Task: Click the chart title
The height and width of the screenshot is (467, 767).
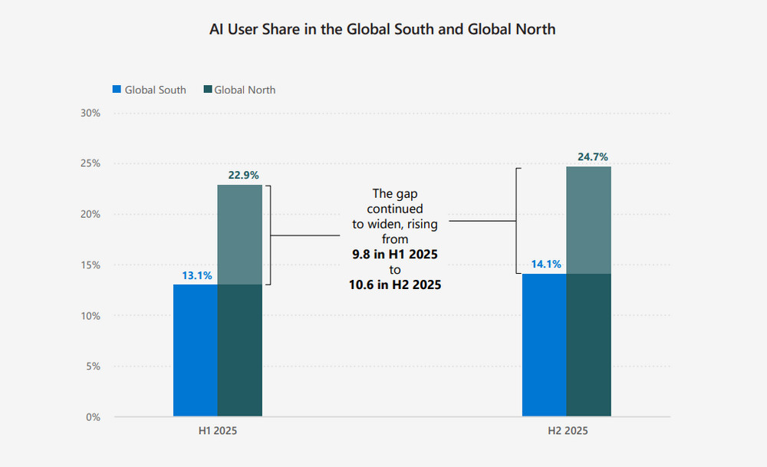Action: click(383, 30)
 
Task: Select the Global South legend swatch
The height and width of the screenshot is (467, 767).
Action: click(117, 90)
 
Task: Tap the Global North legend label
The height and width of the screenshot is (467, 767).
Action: click(245, 90)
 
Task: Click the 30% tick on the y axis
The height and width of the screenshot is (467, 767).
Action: click(91, 113)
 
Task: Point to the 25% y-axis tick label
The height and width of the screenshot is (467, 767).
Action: click(91, 163)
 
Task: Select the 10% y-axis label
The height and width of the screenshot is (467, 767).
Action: click(91, 315)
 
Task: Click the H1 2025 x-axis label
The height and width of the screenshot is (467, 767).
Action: click(218, 432)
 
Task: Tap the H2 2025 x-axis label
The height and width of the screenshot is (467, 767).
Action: click(567, 432)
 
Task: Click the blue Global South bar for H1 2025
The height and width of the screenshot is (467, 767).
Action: click(196, 350)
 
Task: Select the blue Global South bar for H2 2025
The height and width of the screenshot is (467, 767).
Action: click(545, 345)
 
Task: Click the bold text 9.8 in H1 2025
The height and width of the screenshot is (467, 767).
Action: click(394, 254)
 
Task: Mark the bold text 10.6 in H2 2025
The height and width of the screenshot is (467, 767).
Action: click(394, 285)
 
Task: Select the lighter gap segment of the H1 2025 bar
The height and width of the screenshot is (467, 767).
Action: click(240, 235)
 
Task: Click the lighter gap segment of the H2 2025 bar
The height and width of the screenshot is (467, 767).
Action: click(589, 220)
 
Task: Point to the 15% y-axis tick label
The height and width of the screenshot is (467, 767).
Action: click(91, 265)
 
